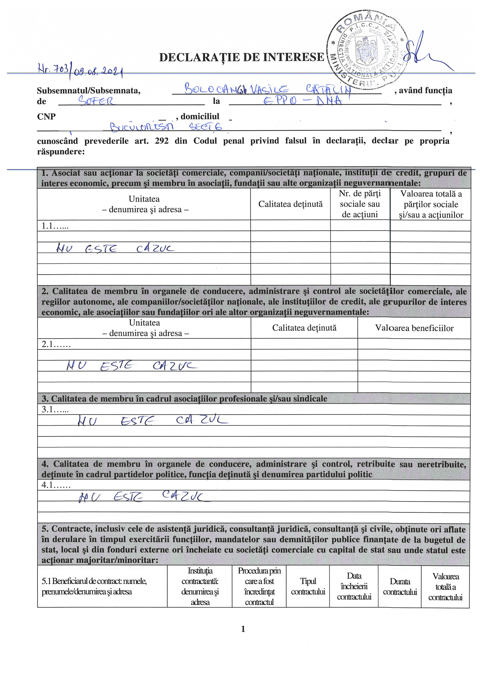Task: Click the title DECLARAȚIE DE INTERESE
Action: [x=241, y=57]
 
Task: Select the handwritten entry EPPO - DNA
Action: [x=302, y=100]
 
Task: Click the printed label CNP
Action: [x=46, y=116]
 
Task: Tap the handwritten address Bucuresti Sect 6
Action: [x=166, y=127]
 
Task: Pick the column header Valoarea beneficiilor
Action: [x=414, y=328]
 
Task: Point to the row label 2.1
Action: [x=56, y=344]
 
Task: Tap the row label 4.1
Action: [x=56, y=485]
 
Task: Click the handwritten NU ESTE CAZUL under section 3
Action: [x=152, y=421]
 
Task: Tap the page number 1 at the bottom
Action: [x=243, y=629]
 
